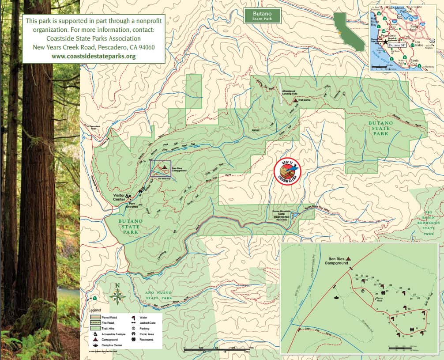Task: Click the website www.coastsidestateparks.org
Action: [x=94, y=56]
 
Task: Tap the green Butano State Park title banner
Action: [x=262, y=15]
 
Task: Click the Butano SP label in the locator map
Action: [x=397, y=45]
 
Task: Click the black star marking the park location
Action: [x=385, y=42]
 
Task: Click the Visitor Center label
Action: [x=119, y=197]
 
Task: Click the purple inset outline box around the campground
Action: [x=161, y=168]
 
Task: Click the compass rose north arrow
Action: [x=117, y=295]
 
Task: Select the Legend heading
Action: [x=96, y=311]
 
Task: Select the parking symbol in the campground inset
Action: [x=362, y=291]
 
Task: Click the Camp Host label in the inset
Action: [x=379, y=300]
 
